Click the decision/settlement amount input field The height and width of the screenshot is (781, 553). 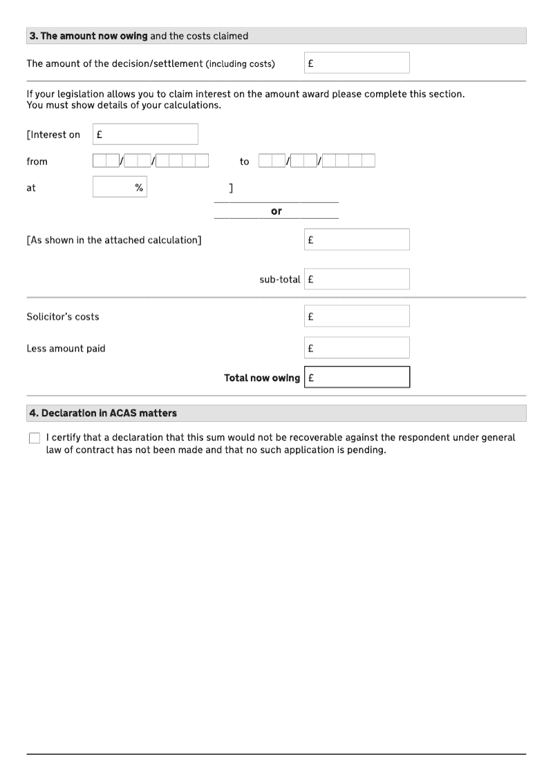tap(357, 63)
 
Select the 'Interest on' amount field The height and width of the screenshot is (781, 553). tap(145, 134)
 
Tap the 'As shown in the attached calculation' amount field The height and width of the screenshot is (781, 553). tap(357, 240)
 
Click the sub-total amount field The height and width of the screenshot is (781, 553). tap(357, 279)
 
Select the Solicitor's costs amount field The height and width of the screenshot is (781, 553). tap(357, 316)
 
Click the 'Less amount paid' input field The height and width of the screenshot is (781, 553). tap(357, 348)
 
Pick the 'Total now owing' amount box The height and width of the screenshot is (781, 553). tap(357, 378)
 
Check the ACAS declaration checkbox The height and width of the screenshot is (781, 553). tap(35, 438)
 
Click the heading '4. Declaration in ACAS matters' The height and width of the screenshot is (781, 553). tap(103, 413)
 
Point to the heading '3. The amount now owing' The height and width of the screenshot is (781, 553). tap(88, 36)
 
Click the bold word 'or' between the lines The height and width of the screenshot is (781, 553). tap(276, 211)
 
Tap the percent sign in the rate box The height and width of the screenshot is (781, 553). tap(139, 187)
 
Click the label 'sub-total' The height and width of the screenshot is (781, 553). tap(280, 280)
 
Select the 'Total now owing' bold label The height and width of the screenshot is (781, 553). tap(262, 378)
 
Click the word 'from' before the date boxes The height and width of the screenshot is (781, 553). tap(37, 162)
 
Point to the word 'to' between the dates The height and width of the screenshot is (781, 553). tap(244, 162)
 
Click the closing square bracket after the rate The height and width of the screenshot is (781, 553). tap(231, 188)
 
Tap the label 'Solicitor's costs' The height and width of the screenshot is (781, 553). tap(63, 317)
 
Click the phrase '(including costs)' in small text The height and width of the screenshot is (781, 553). tap(240, 64)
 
